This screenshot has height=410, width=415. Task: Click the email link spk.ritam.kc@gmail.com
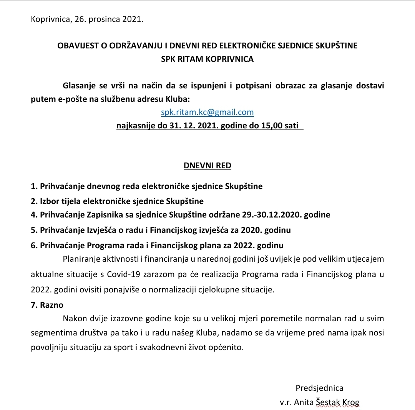point(207,112)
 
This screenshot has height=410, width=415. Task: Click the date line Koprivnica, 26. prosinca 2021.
point(87,19)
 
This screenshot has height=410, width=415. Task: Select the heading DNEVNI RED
point(207,166)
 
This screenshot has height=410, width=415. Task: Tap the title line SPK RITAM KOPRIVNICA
point(207,59)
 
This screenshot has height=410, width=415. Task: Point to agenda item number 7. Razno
point(47,305)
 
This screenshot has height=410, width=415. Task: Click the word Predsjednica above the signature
point(319,388)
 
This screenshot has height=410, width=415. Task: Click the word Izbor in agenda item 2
point(50,201)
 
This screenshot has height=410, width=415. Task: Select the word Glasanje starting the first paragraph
point(80,85)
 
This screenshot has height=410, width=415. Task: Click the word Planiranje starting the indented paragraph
point(81,259)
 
